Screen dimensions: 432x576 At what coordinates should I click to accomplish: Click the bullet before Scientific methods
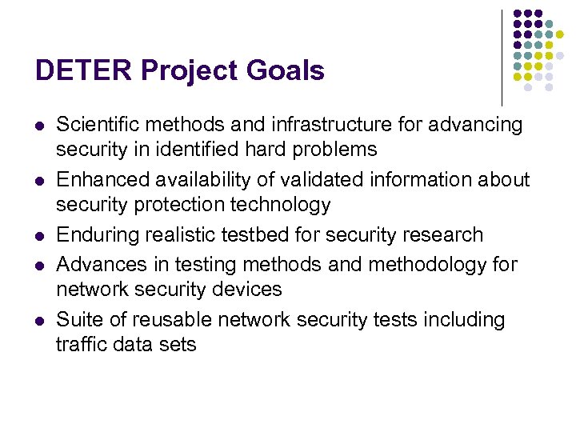[x=40, y=126]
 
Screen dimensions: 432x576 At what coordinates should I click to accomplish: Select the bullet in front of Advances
[x=40, y=265]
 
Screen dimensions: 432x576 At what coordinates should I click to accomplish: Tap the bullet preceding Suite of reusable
[x=40, y=321]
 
